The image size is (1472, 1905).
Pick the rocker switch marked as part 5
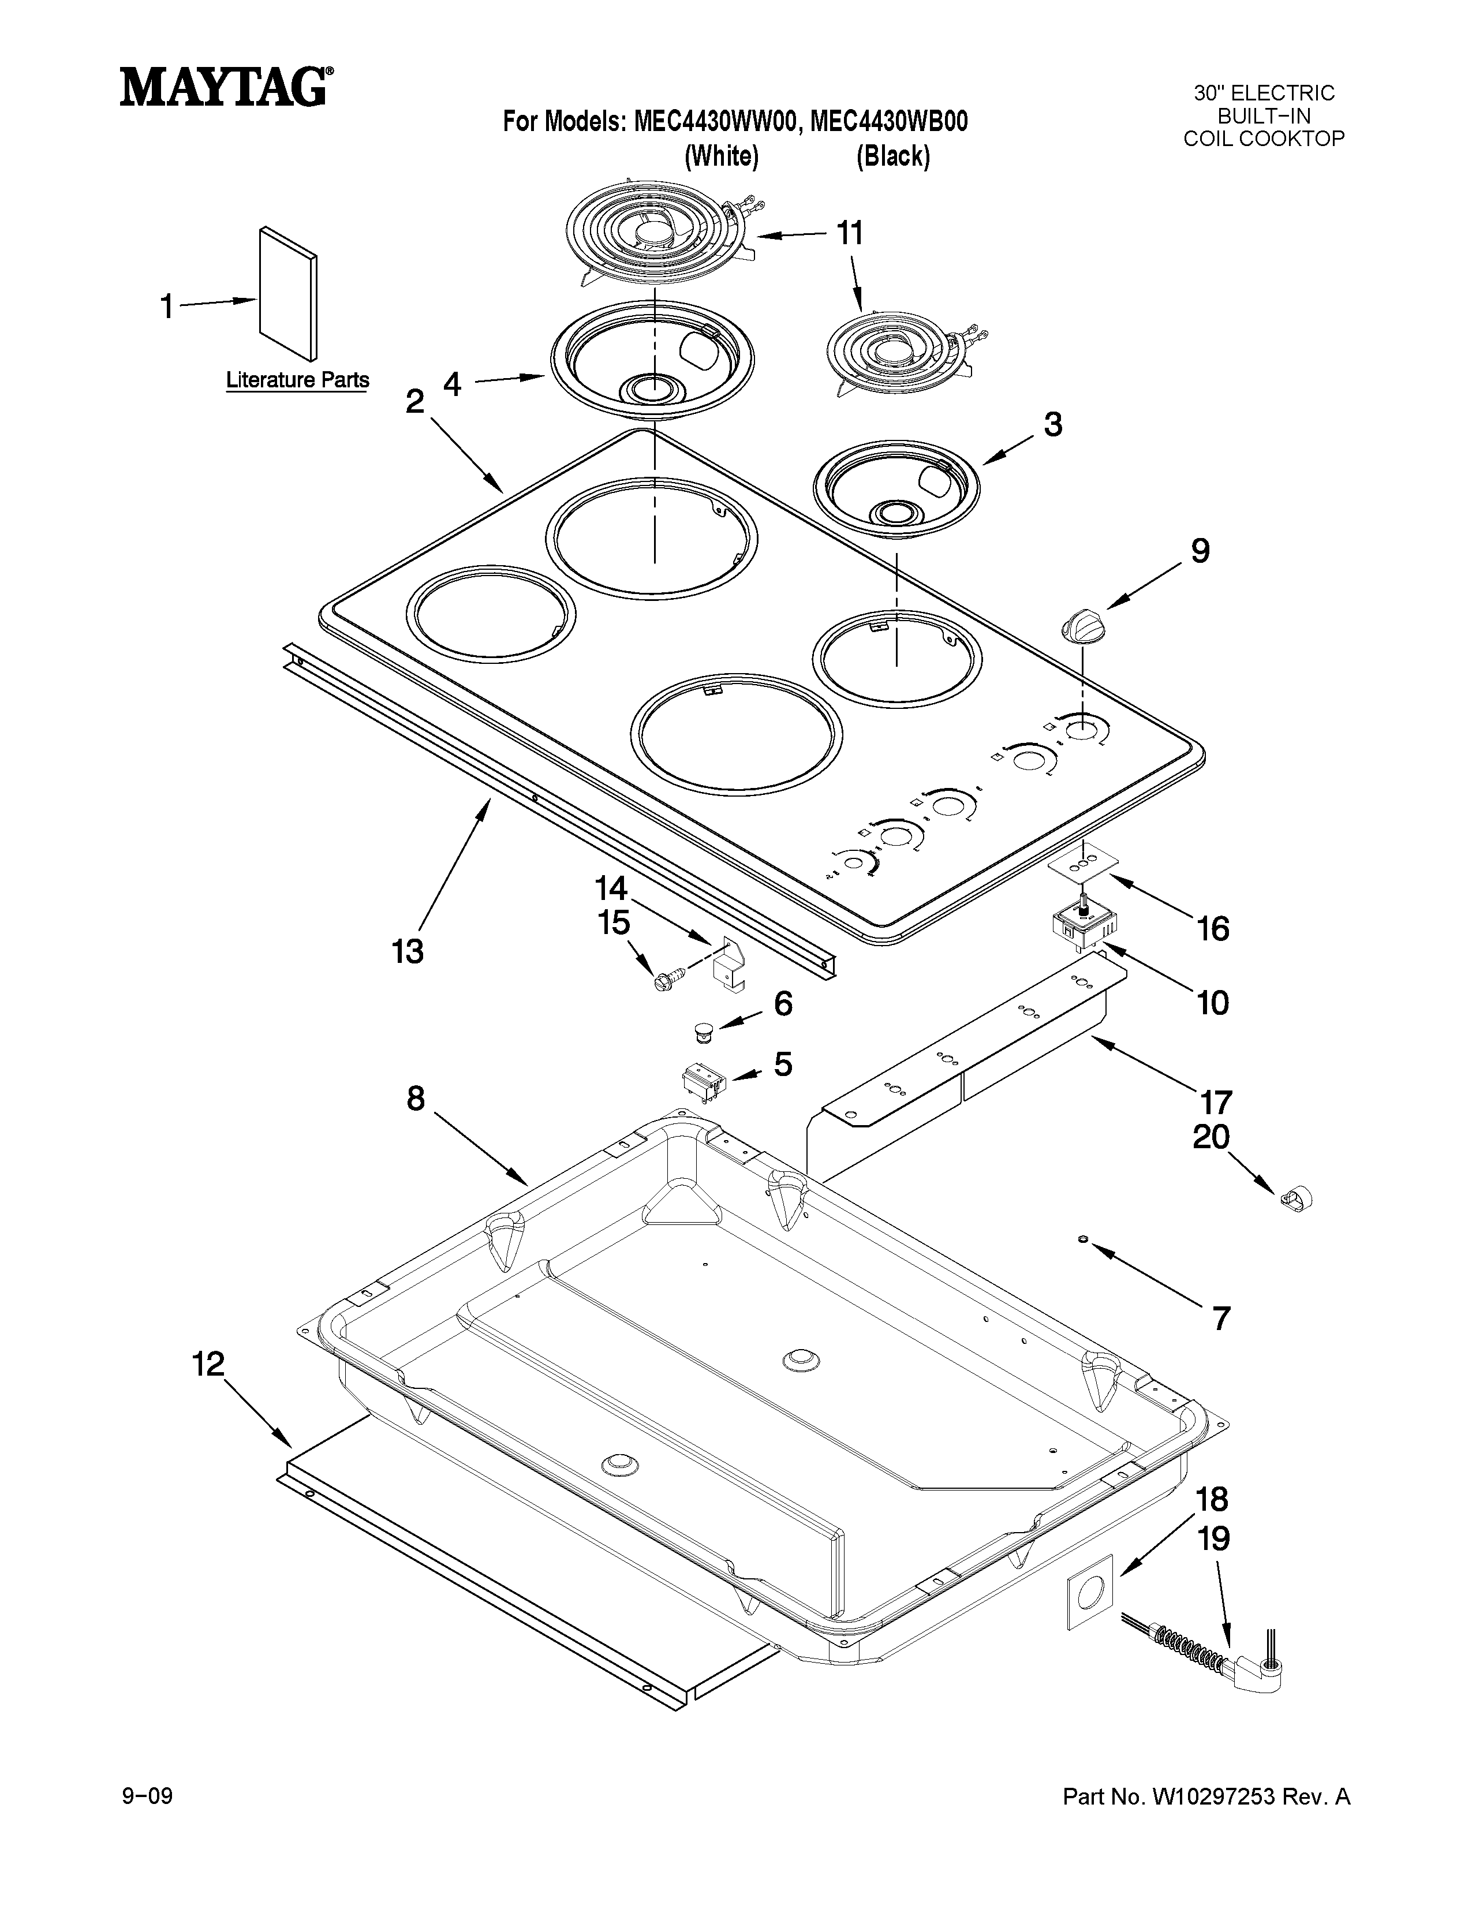click(703, 1080)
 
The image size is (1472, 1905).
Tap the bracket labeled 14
click(728, 966)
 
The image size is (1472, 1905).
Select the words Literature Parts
click(297, 380)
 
